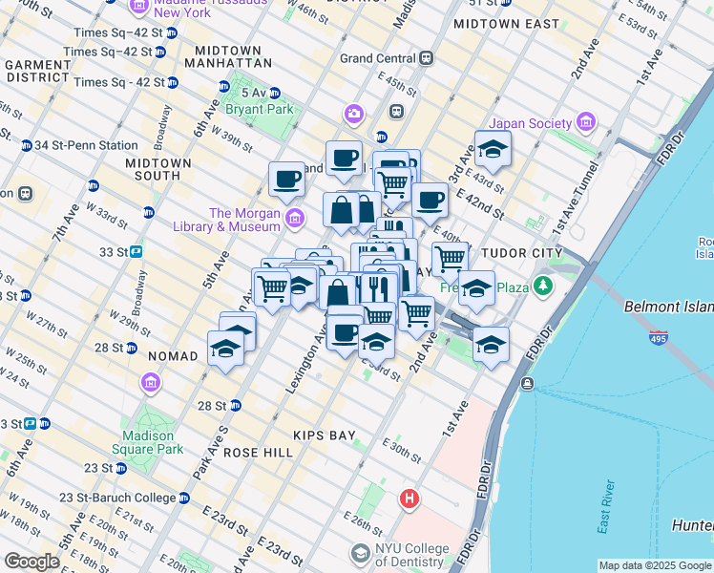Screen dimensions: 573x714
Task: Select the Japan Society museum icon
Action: [x=585, y=122]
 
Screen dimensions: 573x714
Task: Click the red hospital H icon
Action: [x=409, y=499]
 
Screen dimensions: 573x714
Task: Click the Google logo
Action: [x=32, y=562]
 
